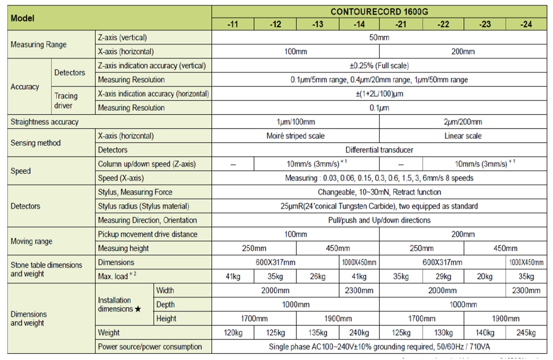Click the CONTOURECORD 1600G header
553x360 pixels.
pos(379,12)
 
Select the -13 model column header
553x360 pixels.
pos(317,24)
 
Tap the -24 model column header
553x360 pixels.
pos(526,24)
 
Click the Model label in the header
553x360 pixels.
pos(23,18)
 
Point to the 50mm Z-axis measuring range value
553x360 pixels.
pos(379,37)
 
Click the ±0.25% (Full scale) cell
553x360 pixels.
pos(379,66)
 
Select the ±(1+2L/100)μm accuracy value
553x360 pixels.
pos(379,94)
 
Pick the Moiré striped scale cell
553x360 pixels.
pos(295,136)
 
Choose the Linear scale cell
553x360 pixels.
pos(463,136)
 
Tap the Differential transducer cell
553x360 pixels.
pos(379,150)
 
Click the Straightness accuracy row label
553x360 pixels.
pos(45,122)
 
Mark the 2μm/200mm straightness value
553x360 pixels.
pos(463,122)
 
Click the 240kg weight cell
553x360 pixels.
pos(359,333)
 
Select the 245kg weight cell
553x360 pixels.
pos(526,333)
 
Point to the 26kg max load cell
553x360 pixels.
pos(317,277)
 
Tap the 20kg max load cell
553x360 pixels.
pos(485,277)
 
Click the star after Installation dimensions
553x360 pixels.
pos(138,309)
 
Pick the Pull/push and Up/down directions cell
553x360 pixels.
pos(379,220)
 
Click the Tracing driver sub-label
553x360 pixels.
pos(66,101)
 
